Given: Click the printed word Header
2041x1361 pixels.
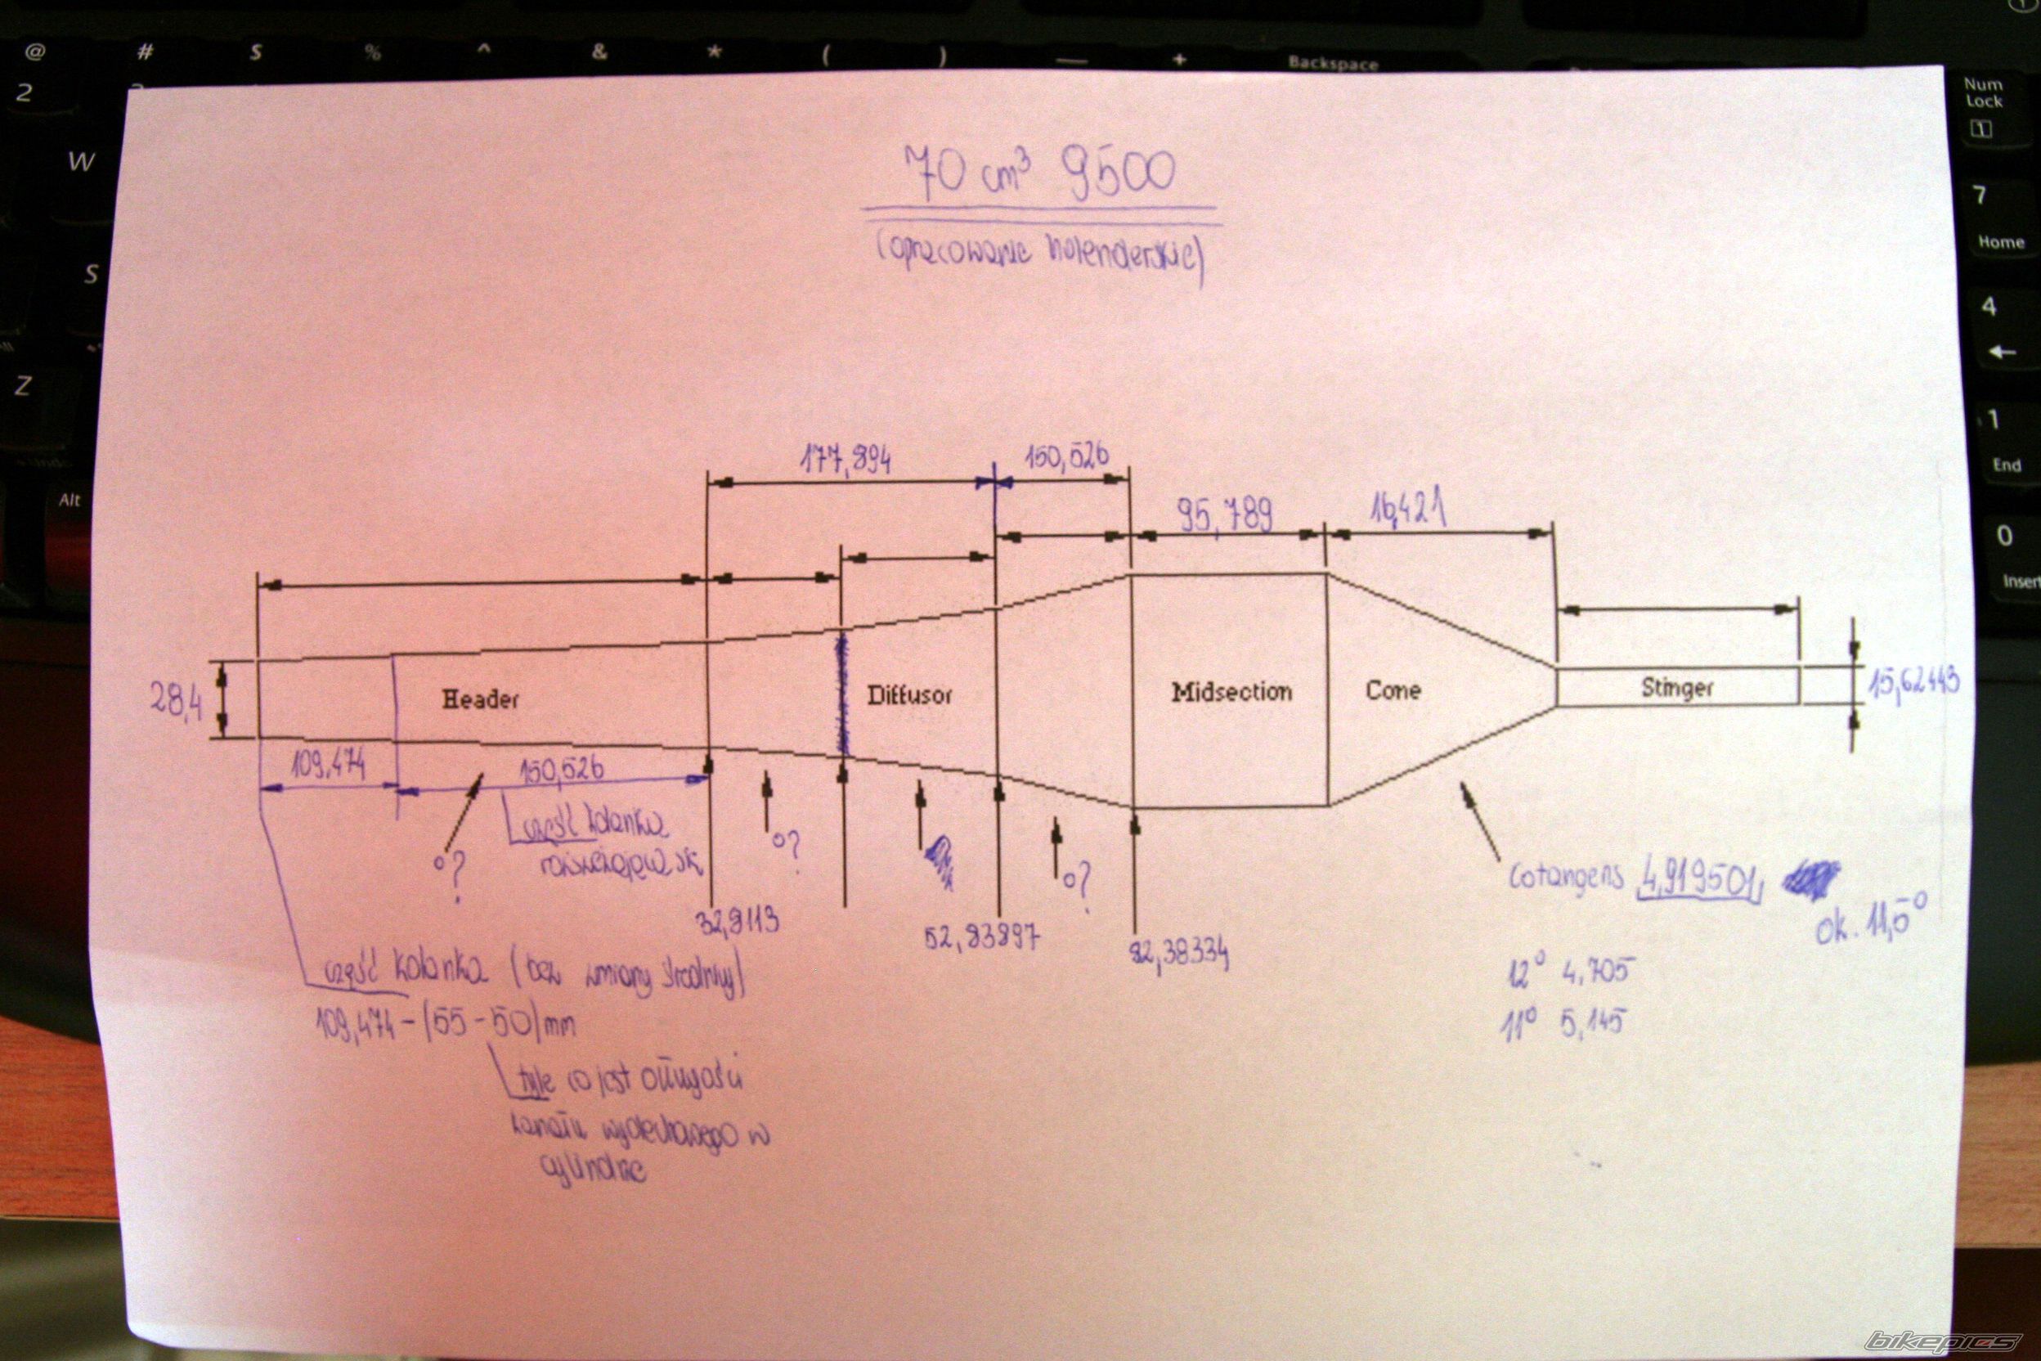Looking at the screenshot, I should [480, 698].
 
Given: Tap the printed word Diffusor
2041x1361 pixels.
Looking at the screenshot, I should [909, 694].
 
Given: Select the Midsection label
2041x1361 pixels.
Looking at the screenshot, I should [1231, 692].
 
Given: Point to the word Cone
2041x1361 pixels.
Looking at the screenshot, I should [1393, 690].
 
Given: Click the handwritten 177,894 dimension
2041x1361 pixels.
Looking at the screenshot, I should [845, 460].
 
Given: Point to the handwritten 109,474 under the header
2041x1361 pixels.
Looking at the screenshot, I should [329, 766].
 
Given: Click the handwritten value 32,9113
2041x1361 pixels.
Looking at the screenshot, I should [738, 921].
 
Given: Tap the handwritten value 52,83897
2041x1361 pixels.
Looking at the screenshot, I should [980, 937].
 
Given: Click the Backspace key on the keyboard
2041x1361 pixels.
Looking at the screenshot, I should [1332, 62].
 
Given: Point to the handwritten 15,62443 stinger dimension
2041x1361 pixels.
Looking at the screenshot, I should [1913, 683].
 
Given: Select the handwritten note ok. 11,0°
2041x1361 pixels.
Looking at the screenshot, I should [1871, 922].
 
